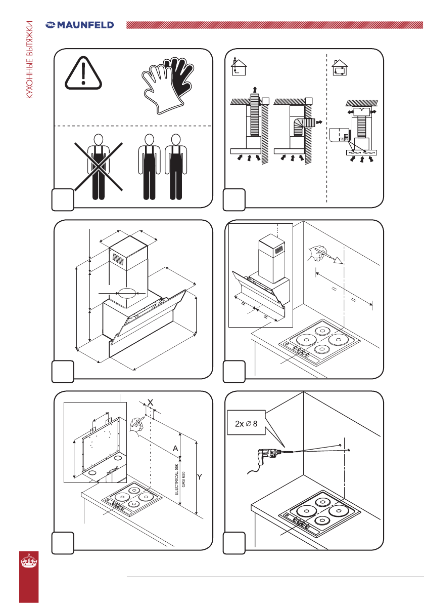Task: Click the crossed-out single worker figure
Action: pos(99,167)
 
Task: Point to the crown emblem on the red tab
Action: pos(29,560)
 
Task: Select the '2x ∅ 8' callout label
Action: pos(246,423)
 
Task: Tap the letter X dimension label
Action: pos(151,403)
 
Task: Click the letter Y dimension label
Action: pos(200,477)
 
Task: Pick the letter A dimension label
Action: pos(175,449)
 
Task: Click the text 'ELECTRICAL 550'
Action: pos(176,479)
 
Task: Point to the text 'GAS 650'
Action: pos(183,479)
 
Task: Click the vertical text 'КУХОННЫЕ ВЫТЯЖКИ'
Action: pos(29,60)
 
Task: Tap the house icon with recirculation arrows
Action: pos(339,68)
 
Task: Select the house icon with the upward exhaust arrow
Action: pos(239,66)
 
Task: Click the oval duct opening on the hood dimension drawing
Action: pos(127,294)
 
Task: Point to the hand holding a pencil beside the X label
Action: pos(136,425)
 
